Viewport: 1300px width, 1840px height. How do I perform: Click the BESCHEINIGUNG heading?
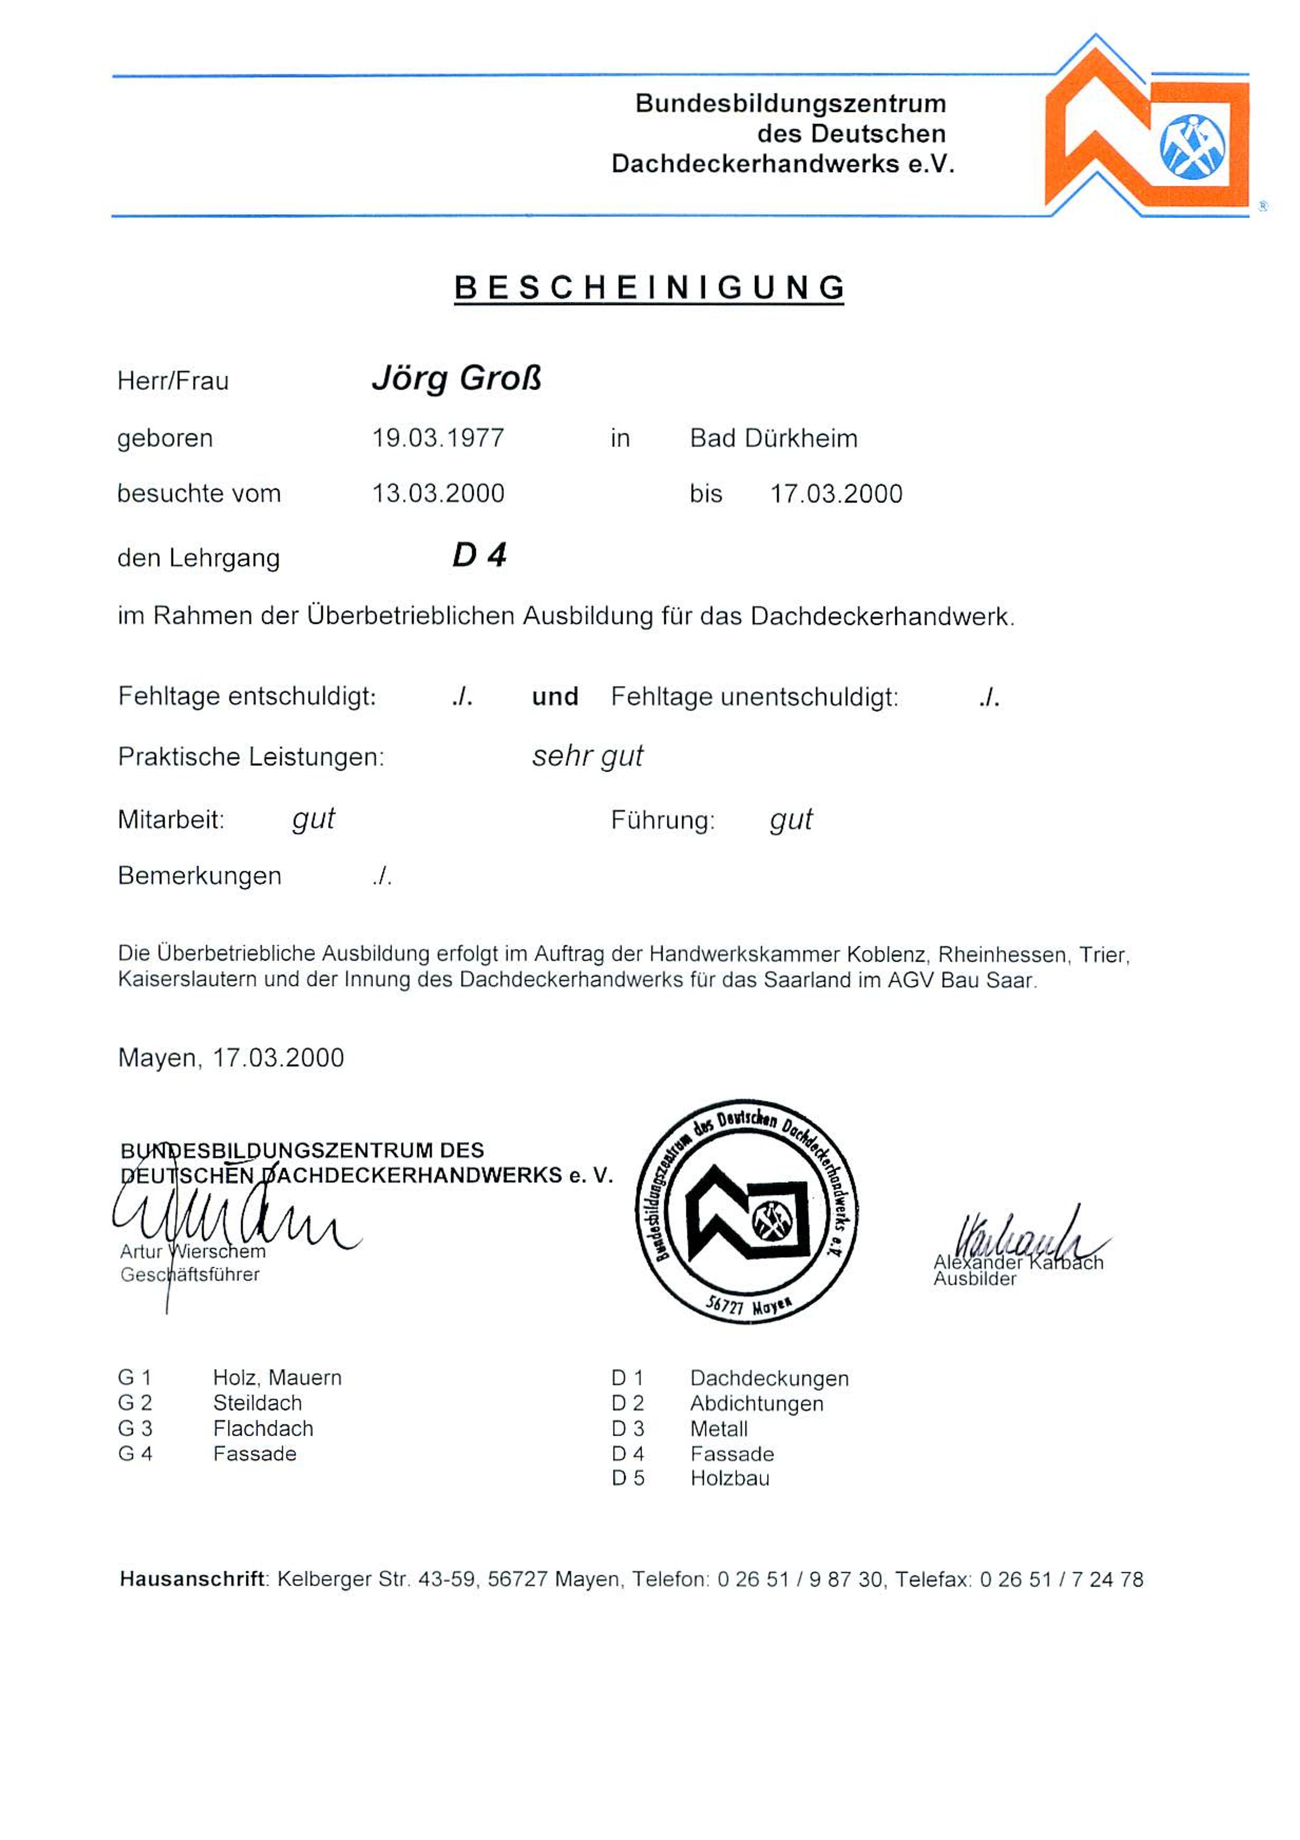click(x=649, y=288)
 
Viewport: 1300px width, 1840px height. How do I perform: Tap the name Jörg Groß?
click(x=457, y=378)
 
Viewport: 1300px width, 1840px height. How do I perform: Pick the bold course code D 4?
click(x=479, y=555)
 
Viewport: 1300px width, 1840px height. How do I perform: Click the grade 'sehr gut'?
click(x=587, y=756)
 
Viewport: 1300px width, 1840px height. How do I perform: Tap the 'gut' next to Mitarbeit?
click(x=313, y=819)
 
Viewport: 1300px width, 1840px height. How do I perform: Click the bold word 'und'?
click(x=555, y=696)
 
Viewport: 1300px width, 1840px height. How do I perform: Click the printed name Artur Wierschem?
click(x=192, y=1252)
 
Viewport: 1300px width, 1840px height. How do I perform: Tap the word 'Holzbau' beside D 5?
click(x=730, y=1478)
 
